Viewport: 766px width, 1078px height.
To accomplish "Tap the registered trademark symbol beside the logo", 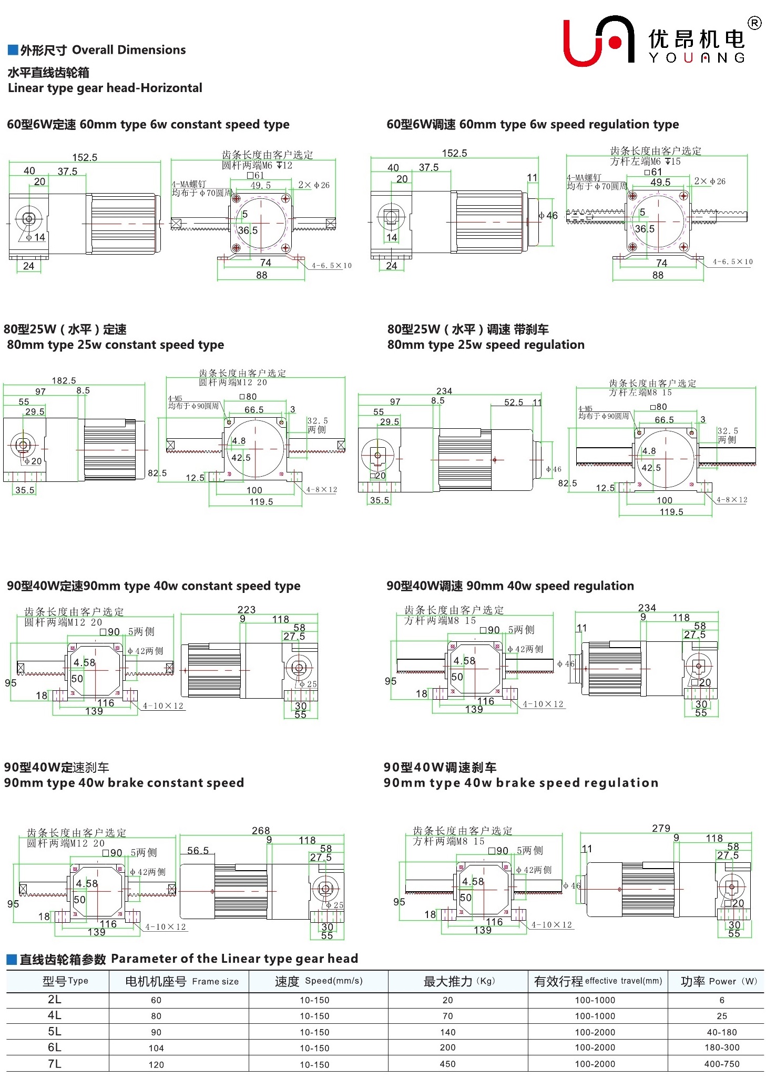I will coord(754,23).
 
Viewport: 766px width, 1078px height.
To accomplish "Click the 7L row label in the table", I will coord(55,1063).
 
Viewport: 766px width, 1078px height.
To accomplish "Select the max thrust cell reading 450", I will coord(447,1064).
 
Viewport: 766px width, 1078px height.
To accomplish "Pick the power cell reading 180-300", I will coord(722,1047).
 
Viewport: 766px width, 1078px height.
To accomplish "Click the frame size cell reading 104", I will coord(156,1048).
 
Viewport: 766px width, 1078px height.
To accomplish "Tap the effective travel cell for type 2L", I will coord(595,1000).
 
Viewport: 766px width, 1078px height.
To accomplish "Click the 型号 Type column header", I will coord(65,981).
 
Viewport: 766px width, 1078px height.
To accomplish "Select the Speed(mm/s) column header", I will coord(318,981).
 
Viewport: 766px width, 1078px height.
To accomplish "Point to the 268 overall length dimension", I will coord(261,830).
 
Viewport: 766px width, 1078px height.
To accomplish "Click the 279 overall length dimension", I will coord(661,828).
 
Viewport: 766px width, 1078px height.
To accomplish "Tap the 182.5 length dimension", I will coord(64,380).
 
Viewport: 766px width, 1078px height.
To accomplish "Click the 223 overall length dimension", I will coord(246,609).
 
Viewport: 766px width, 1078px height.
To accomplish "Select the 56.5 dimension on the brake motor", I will coord(198,850).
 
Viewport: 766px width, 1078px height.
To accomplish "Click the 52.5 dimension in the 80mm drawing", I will coord(514,402).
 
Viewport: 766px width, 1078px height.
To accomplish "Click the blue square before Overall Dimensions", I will coord(13,50).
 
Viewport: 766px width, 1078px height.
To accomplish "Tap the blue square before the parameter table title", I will coord(12,959).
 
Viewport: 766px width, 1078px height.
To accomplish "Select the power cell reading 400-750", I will coord(722,1064).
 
